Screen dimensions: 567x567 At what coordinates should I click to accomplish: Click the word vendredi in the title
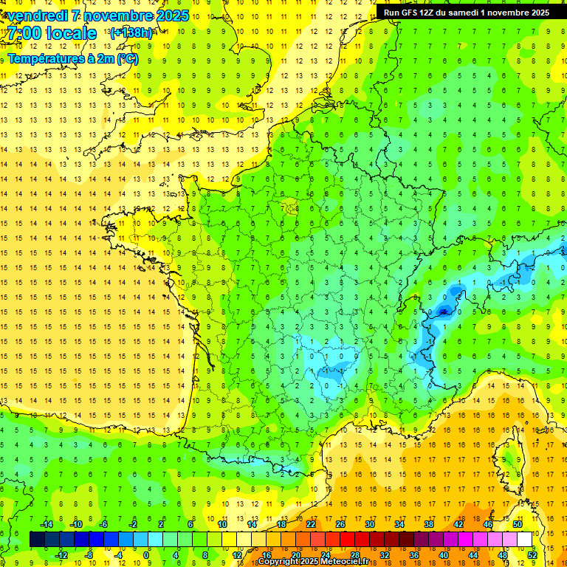click(x=38, y=16)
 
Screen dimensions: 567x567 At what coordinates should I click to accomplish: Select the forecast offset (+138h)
click(x=131, y=33)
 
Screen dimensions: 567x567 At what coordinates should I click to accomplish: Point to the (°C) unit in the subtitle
click(x=126, y=58)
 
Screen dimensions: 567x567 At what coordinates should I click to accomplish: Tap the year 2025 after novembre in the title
click(x=170, y=16)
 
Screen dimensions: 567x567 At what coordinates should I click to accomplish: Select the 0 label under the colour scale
click(x=146, y=555)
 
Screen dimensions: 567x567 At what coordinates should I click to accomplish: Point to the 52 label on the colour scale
click(x=532, y=555)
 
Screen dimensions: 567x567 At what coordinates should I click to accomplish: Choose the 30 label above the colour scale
click(x=369, y=524)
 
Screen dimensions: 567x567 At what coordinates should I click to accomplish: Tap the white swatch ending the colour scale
click(x=525, y=540)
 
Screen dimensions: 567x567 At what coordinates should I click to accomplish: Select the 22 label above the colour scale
click(x=311, y=524)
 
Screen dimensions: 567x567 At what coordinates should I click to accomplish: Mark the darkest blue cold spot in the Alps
click(x=443, y=311)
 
